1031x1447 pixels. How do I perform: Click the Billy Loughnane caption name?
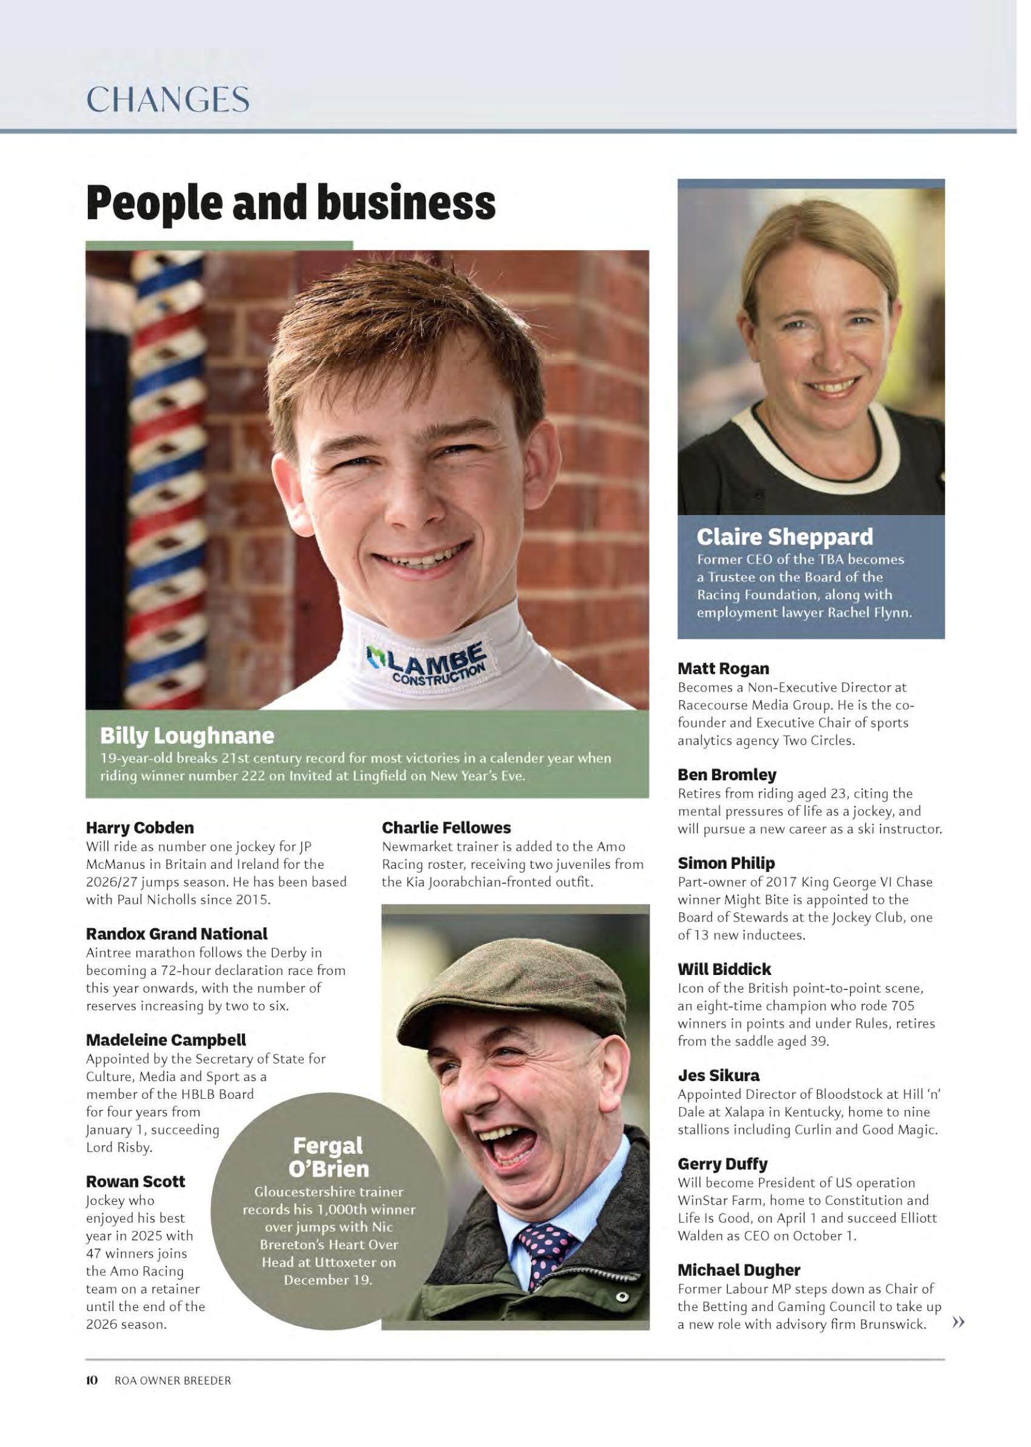187,736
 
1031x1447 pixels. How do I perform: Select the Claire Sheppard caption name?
785,537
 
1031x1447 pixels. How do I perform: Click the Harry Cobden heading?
139,828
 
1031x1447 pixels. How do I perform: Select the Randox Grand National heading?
176,934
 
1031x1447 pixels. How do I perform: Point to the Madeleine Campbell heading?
166,1040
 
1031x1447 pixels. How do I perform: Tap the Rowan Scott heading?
135,1182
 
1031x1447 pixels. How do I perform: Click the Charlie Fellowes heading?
446,828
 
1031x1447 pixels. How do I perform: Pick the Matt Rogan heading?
723,669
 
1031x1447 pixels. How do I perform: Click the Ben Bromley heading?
727,775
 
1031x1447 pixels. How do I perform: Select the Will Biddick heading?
724,970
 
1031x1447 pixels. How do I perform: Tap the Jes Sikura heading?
719,1076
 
